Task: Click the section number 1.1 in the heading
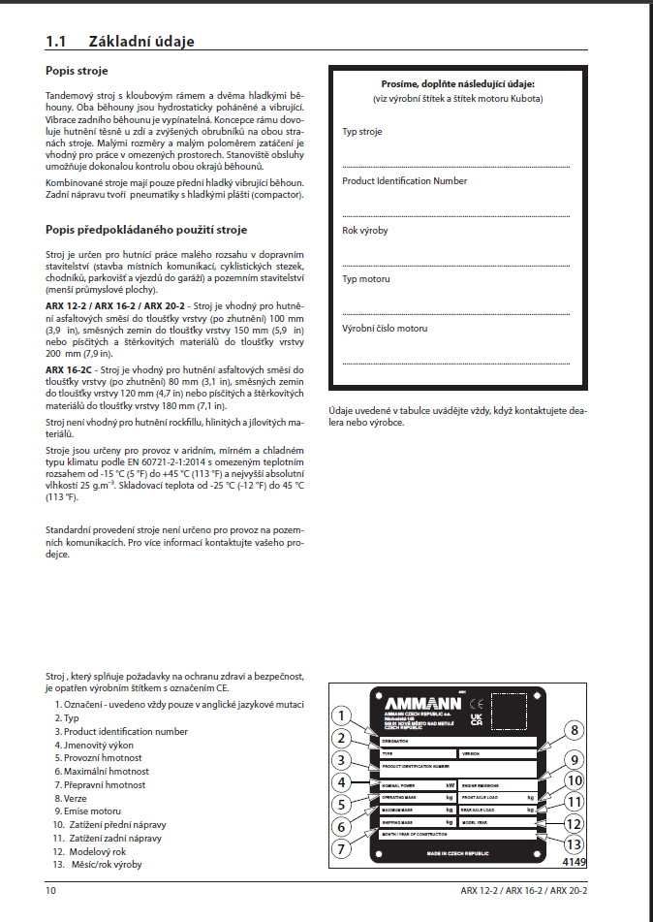coord(55,41)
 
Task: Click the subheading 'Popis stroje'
coord(77,71)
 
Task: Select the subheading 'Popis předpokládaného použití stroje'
coord(146,230)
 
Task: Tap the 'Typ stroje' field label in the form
coord(361,131)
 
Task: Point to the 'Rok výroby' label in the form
coord(364,230)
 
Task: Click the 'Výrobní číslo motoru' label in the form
coord(385,328)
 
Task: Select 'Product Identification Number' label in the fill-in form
coord(404,180)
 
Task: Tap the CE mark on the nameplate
coord(476,702)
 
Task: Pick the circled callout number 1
coord(340,716)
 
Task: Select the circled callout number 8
coord(574,731)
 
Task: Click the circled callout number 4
coord(340,782)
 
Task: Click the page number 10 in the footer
coord(50,890)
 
